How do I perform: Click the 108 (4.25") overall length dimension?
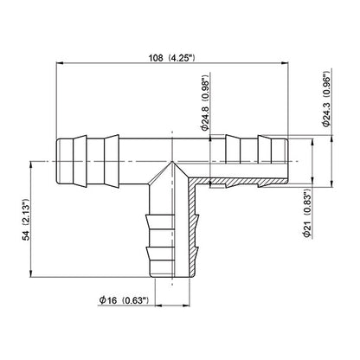pyautogui.click(x=172, y=58)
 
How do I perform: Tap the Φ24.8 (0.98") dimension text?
pyautogui.click(x=205, y=104)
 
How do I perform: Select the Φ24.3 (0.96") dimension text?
pyautogui.click(x=326, y=99)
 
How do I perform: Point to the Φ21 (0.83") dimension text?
pyautogui.click(x=306, y=213)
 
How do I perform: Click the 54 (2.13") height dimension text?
pyautogui.click(x=26, y=219)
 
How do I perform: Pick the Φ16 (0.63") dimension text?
pyautogui.click(x=124, y=300)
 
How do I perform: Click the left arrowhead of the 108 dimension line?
pyautogui.click(x=59, y=63)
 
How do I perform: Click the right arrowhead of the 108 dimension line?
pyautogui.click(x=285, y=63)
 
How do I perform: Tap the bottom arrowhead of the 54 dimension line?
pyautogui.click(x=31, y=273)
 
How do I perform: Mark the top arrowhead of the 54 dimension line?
pyautogui.click(x=31, y=165)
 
